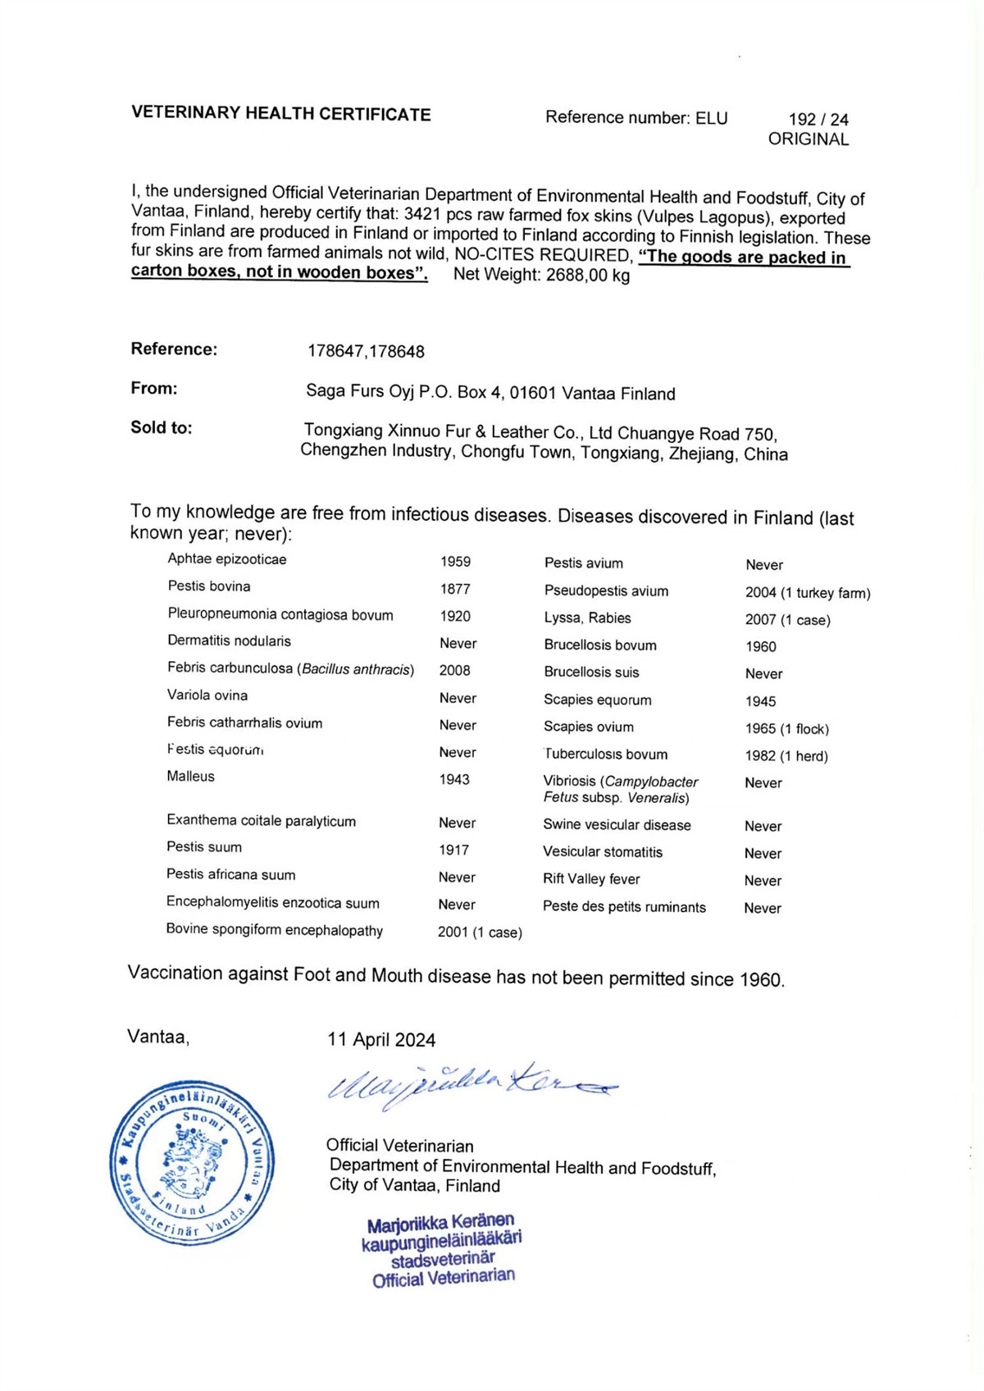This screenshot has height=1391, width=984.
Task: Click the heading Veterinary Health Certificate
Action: pos(280,114)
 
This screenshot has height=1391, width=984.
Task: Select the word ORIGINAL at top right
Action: pos(808,139)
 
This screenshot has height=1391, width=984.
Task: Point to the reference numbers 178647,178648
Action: pos(366,352)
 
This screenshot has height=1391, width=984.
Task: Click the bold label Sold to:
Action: pos(162,427)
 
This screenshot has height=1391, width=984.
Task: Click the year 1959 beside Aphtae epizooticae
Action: pos(455,562)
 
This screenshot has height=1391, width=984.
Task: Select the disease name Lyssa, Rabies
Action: pos(587,618)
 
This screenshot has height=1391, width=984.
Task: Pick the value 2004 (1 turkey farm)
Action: pos(808,593)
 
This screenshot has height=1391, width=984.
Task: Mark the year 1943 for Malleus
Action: pos(454,779)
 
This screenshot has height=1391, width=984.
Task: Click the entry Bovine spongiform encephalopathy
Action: pos(275,930)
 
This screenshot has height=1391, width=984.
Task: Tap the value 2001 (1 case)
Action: pos(480,933)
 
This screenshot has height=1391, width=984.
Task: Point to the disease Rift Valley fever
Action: pos(591,879)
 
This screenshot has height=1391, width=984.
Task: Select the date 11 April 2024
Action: pos(381,1040)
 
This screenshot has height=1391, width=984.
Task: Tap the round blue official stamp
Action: pos(192,1162)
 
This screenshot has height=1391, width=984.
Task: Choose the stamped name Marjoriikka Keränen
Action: pos(440,1224)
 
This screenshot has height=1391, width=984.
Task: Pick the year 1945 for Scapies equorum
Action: pos(760,701)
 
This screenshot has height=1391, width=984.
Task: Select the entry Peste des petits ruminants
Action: pos(624,907)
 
